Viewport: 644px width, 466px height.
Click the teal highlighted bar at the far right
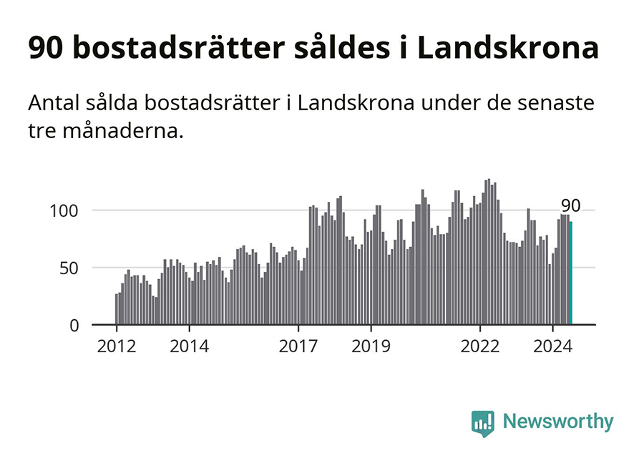click(x=570, y=273)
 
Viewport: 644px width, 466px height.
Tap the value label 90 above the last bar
click(x=570, y=206)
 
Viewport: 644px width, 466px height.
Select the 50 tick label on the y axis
click(x=68, y=268)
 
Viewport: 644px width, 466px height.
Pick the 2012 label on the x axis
click(x=117, y=347)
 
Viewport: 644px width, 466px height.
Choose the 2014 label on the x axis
click(x=189, y=347)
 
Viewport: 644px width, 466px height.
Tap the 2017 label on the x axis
click(x=298, y=347)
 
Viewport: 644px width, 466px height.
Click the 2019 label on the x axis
click(x=371, y=347)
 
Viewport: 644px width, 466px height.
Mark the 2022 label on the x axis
click(x=479, y=347)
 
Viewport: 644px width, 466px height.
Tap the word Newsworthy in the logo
click(x=558, y=422)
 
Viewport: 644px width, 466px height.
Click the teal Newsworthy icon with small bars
click(x=483, y=422)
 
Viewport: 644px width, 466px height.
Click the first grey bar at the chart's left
click(x=116, y=309)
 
